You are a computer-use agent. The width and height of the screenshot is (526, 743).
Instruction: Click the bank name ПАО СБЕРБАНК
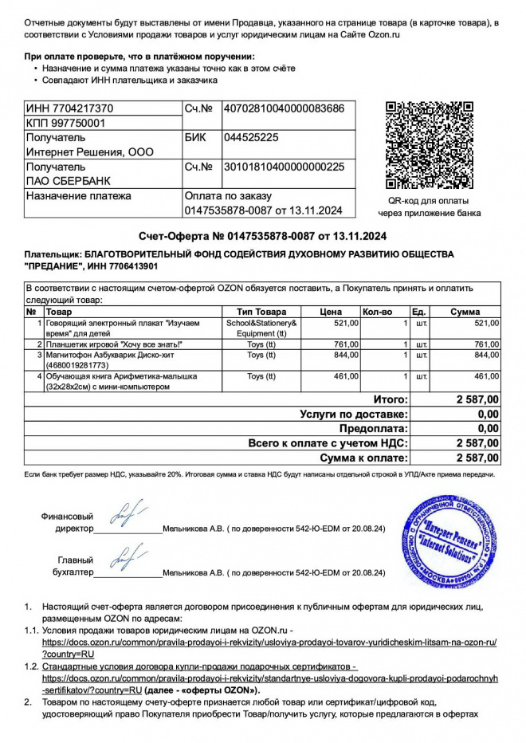(69, 181)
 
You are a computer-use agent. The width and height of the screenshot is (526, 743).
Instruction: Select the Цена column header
(331, 311)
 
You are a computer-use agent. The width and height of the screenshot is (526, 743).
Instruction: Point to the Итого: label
(391, 399)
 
